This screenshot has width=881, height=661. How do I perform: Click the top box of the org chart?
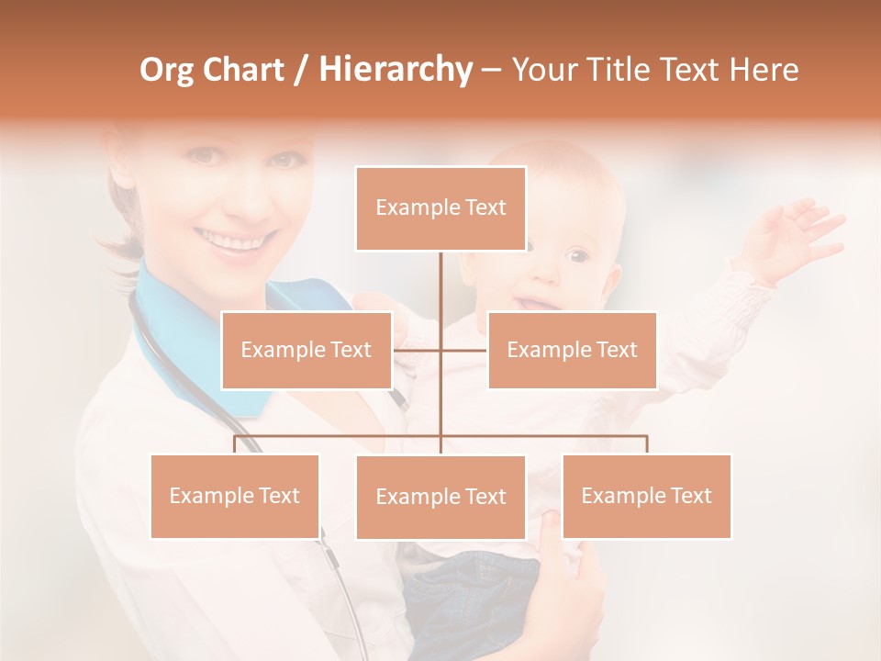click(x=440, y=208)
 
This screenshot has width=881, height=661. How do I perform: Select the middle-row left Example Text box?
click(x=307, y=350)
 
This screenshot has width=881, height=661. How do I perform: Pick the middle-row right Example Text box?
click(x=572, y=350)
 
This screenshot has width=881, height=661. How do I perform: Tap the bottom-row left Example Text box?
click(x=235, y=496)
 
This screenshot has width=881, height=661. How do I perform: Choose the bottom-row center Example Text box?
click(x=440, y=497)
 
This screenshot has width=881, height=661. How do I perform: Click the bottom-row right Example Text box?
click(x=646, y=496)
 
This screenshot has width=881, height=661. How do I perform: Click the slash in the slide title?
click(x=301, y=70)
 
